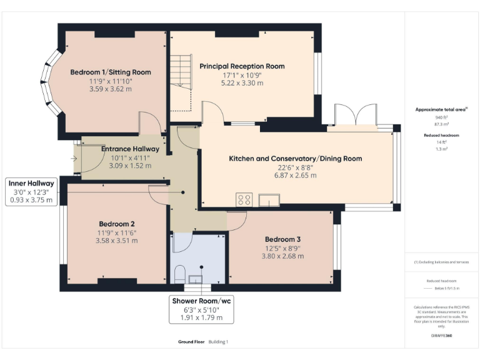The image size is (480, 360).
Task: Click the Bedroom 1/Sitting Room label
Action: (110, 72)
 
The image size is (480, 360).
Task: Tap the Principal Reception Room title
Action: (242, 66)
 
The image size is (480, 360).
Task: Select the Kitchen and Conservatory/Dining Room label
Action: (295, 159)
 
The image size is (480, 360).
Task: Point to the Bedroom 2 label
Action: (116, 224)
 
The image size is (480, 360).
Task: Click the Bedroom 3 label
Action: (282, 239)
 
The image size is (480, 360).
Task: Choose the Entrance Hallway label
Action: (130, 149)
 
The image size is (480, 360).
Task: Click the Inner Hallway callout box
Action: (31, 191)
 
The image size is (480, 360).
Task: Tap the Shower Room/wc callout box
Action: (202, 309)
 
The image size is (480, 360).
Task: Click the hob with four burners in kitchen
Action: (244, 199)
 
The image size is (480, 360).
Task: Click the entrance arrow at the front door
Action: (75, 158)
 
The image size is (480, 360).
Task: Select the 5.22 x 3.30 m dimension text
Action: (242, 82)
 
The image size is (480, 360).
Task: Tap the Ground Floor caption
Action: (190, 342)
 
